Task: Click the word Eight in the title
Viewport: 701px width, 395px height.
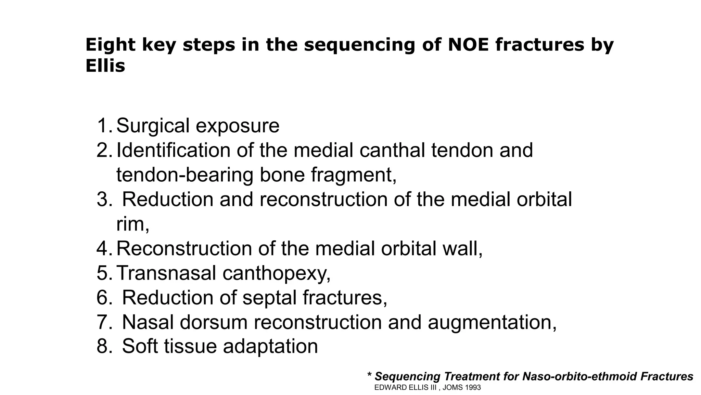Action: pyautogui.click(x=110, y=45)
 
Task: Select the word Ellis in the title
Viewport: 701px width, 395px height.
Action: pyautogui.click(x=105, y=66)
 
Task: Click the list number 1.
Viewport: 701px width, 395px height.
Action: pyautogui.click(x=103, y=125)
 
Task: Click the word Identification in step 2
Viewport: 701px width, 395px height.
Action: pyautogui.click(x=173, y=150)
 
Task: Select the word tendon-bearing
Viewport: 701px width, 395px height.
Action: pyautogui.click(x=184, y=175)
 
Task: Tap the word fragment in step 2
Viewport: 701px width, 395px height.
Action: pyautogui.click(x=353, y=175)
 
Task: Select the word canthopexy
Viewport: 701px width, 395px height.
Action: pyautogui.click(x=276, y=274)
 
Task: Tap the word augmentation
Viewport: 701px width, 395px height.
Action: pyautogui.click(x=492, y=323)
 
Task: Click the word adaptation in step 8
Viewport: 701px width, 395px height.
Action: pyautogui.click(x=270, y=347)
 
